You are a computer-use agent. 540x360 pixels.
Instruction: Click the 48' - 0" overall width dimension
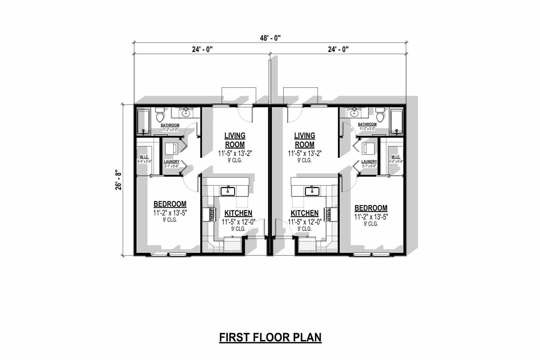click(x=270, y=38)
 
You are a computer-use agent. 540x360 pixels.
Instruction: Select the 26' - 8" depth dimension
click(x=119, y=180)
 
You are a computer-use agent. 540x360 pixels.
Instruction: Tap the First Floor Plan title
click(x=270, y=337)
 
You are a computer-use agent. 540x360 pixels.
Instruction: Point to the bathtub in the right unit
click(x=397, y=121)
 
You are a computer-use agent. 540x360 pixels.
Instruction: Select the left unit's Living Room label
click(x=235, y=140)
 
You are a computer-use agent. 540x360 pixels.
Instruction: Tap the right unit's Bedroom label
click(x=371, y=208)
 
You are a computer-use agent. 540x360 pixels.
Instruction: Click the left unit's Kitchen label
click(x=238, y=213)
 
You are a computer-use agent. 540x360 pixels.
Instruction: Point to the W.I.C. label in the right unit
click(x=396, y=157)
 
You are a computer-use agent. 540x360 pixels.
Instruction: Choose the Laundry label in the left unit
click(x=171, y=162)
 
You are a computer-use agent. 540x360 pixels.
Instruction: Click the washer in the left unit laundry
click(x=171, y=149)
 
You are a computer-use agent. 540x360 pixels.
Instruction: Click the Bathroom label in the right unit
click(x=367, y=124)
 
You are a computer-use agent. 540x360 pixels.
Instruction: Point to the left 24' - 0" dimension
click(x=202, y=49)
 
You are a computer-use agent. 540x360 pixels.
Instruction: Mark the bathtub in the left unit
click(x=143, y=121)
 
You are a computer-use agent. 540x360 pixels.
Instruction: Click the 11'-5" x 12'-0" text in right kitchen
click(x=305, y=222)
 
